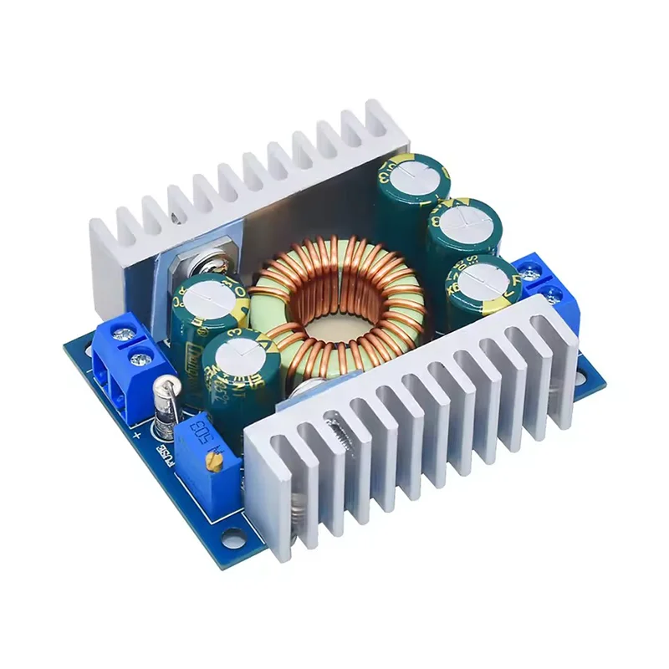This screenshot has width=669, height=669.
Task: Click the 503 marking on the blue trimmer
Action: pyautogui.click(x=201, y=438)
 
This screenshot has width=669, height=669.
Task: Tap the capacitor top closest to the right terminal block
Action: pyautogui.click(x=484, y=275)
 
